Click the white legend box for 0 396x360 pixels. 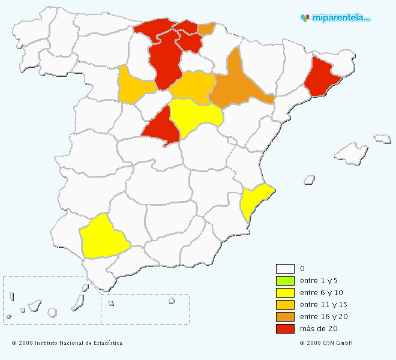point(285,269)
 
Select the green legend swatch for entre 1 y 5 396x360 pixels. point(285,281)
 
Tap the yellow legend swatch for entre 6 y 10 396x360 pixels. point(285,293)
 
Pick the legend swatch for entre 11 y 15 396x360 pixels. point(285,305)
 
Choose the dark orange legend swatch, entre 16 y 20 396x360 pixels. point(285,317)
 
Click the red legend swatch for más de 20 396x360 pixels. point(285,329)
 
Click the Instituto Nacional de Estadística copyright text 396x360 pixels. point(67,343)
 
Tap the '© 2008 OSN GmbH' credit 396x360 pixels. point(326,343)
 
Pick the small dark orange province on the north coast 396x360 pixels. point(206,29)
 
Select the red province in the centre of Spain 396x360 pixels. point(161,126)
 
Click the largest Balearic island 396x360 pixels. point(351,154)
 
